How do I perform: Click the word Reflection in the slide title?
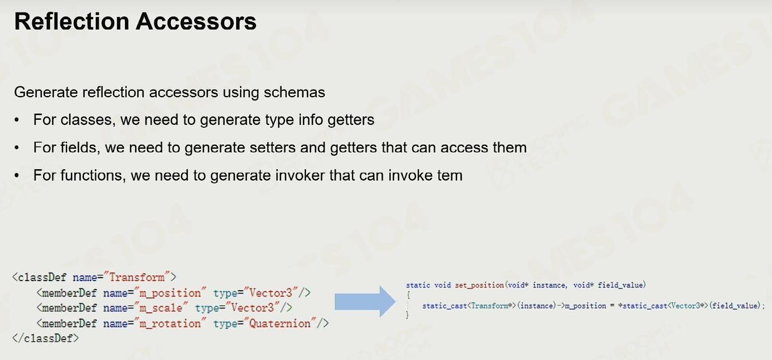point(72,22)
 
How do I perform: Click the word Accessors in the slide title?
point(196,22)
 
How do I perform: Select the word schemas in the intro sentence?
point(294,93)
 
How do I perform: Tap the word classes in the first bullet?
point(86,120)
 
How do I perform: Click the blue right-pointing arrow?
point(365,302)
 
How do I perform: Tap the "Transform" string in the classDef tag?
point(137,277)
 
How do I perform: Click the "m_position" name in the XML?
point(170,293)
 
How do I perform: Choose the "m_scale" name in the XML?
point(161,308)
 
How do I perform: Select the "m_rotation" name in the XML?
point(170,324)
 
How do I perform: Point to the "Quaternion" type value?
point(279,324)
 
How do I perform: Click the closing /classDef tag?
point(45,338)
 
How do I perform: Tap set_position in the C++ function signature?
point(480,285)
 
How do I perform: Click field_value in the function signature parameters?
point(620,285)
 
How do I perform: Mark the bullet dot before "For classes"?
point(16,120)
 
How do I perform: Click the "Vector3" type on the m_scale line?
point(252,308)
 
